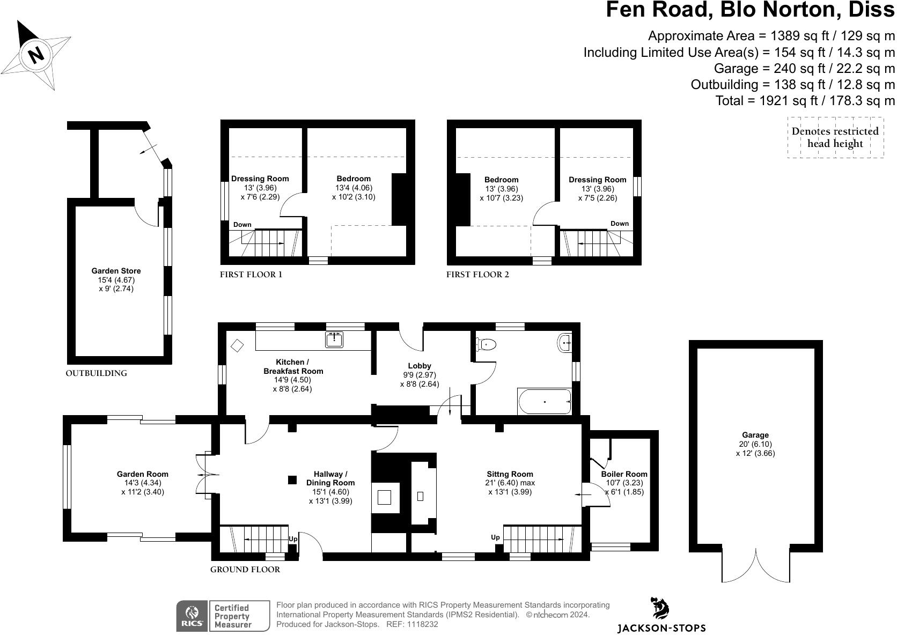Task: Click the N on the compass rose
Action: click(36, 54)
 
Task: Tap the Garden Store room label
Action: click(116, 271)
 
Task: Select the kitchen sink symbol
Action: click(334, 339)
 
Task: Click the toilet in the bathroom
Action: click(486, 344)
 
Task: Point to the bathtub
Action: click(544, 402)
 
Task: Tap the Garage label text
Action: click(755, 435)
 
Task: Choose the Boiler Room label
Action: click(624, 474)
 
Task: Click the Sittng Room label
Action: click(510, 474)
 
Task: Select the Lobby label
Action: click(420, 366)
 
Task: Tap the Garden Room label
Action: click(143, 474)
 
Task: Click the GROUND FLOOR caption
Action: click(245, 570)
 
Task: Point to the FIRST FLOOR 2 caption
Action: click(477, 275)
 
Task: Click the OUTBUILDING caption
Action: click(96, 373)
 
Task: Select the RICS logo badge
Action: click(192, 616)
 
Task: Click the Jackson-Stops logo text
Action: click(661, 628)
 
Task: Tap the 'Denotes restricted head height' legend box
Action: click(835, 137)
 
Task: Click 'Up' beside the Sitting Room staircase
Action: click(495, 537)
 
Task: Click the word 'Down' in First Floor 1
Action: click(242, 225)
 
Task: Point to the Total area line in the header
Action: click(805, 100)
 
